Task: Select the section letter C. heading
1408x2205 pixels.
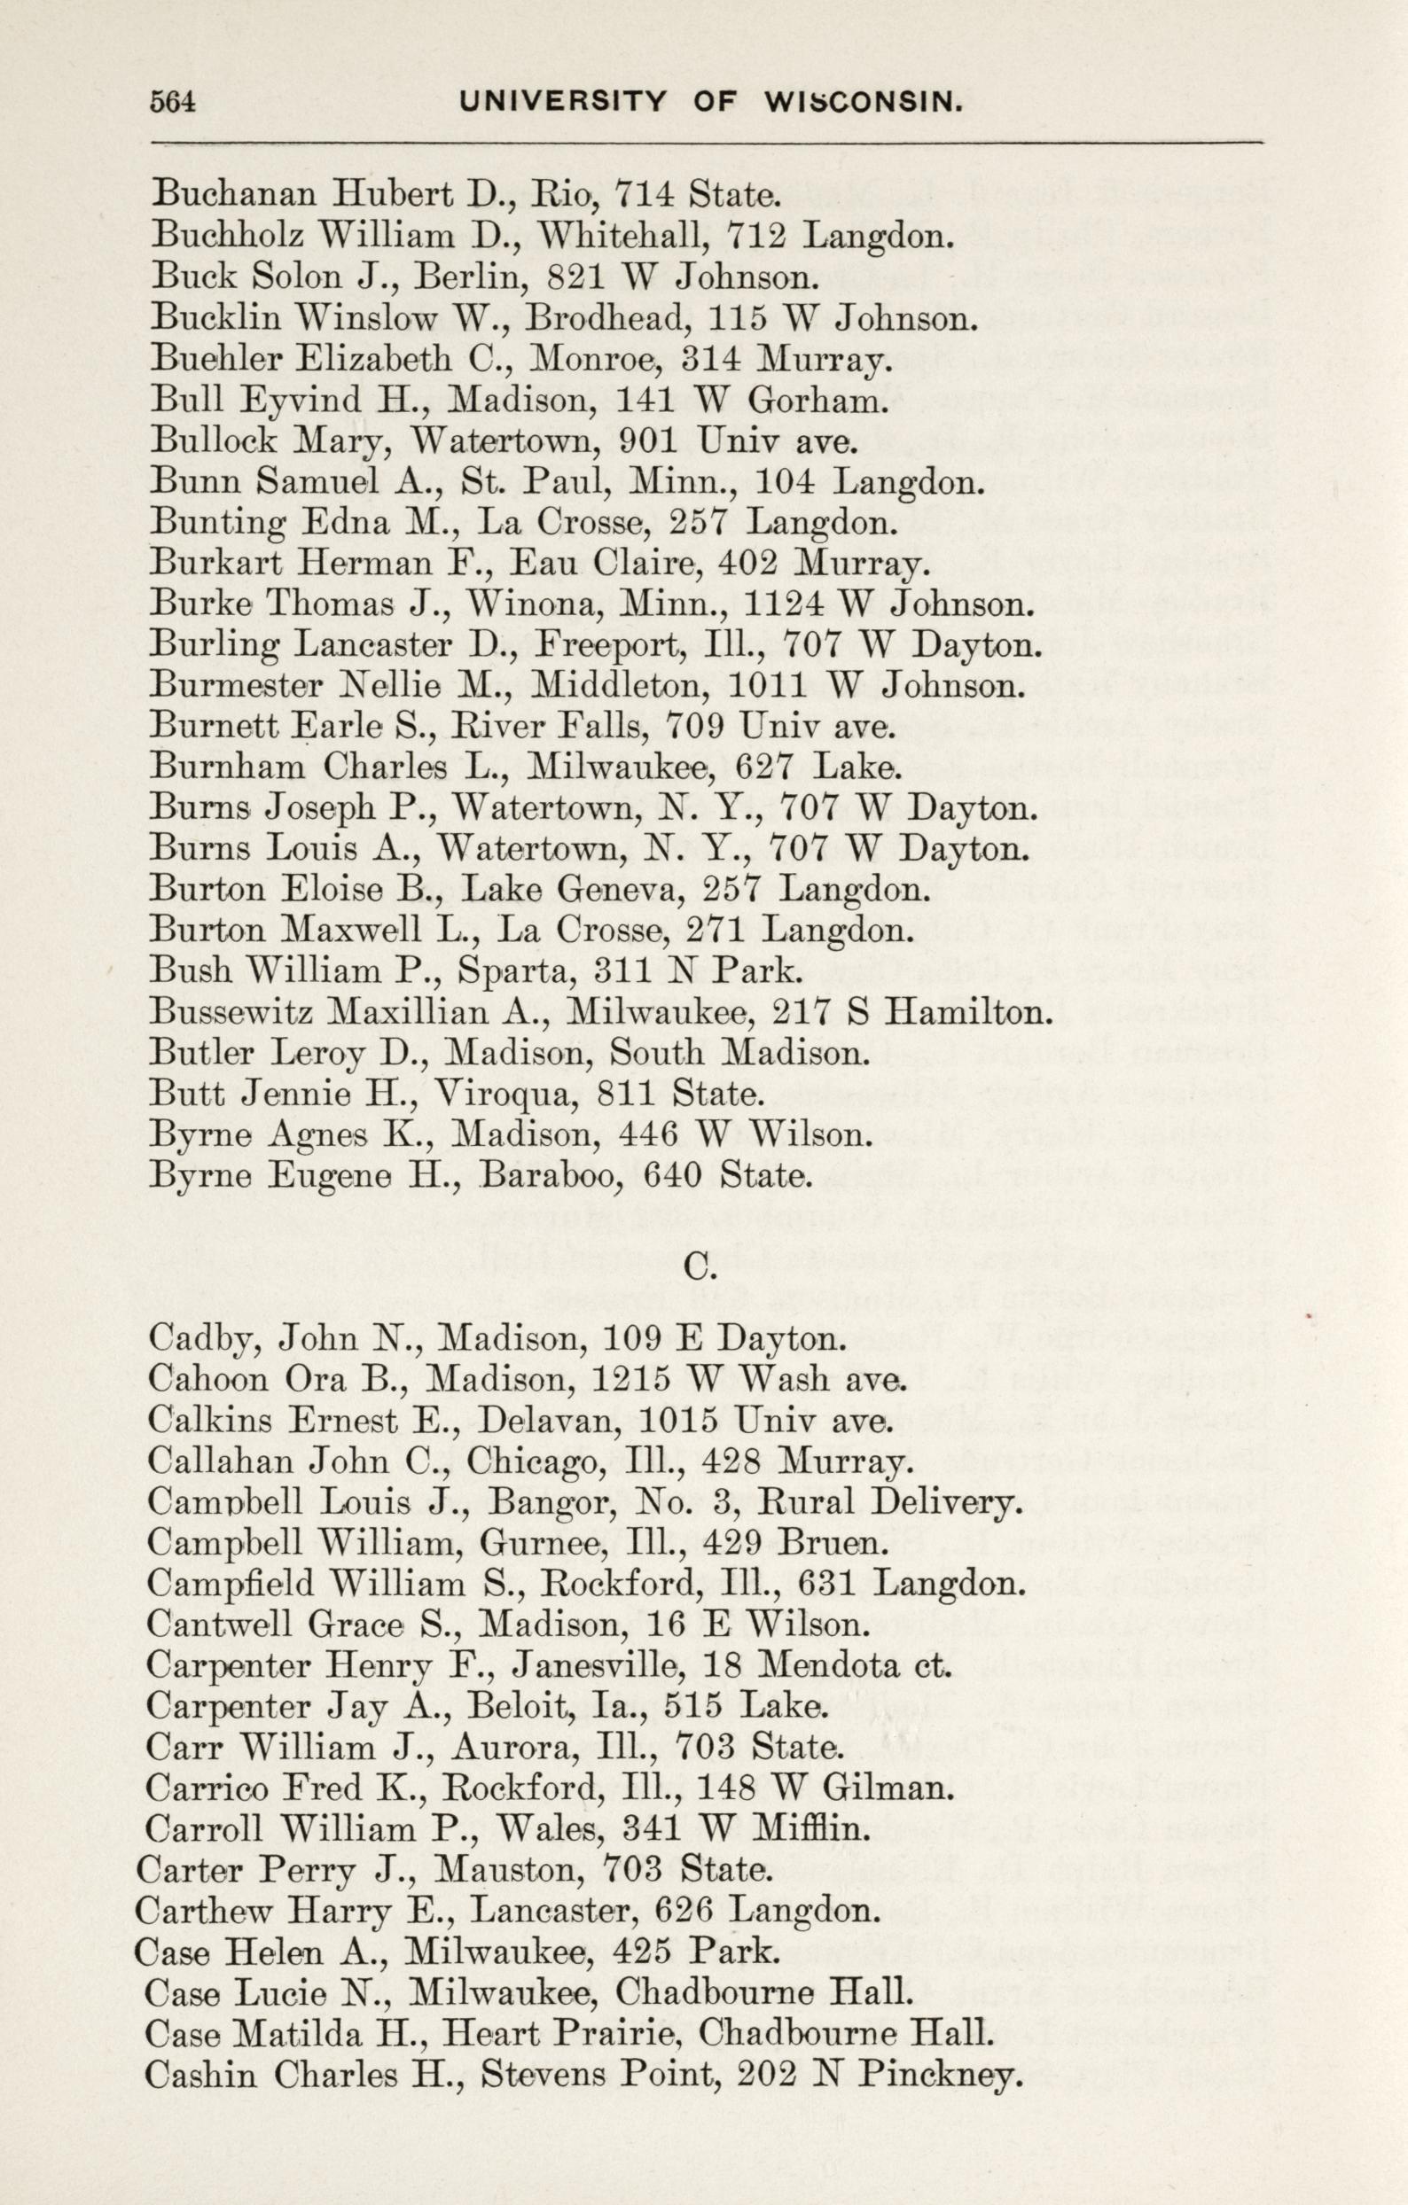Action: pyautogui.click(x=699, y=1267)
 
